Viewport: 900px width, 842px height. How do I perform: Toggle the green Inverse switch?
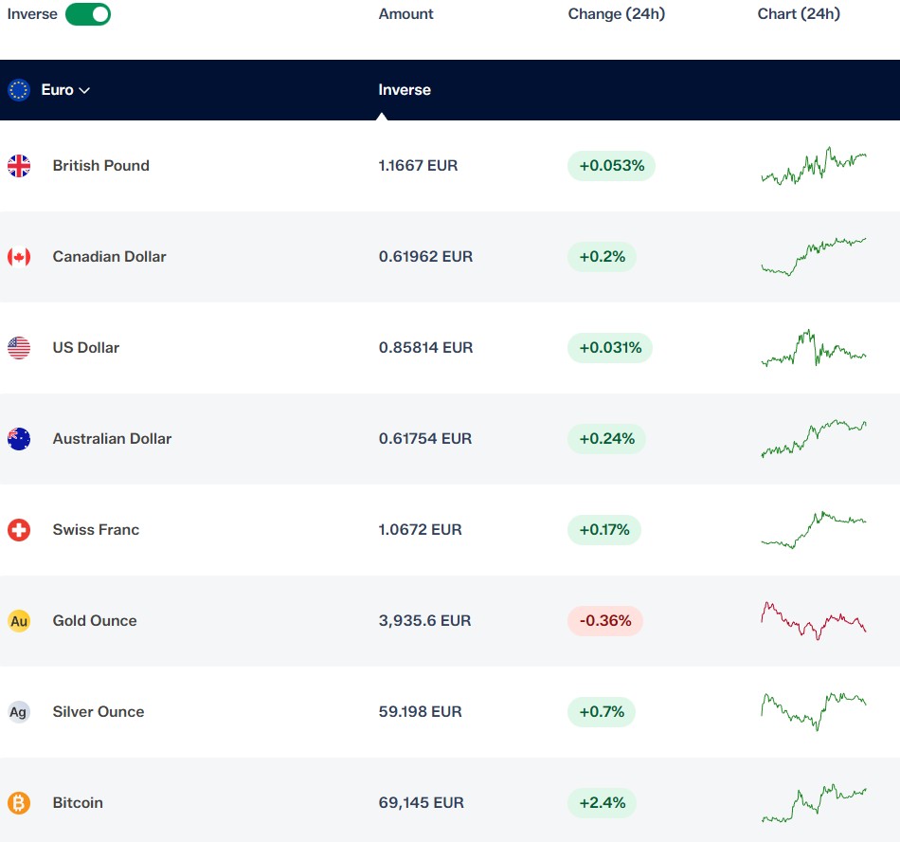coord(88,14)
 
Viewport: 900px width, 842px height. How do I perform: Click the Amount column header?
coord(405,14)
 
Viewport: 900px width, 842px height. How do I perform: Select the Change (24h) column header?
coord(617,14)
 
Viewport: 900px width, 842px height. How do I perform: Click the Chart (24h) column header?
coord(799,14)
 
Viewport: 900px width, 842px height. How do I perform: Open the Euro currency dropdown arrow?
coord(84,90)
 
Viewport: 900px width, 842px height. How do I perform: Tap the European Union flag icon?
coord(19,89)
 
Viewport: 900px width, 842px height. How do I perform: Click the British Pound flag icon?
coord(19,166)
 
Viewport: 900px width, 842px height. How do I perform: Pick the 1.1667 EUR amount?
coord(418,165)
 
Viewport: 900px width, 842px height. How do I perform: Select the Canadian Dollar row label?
coord(109,256)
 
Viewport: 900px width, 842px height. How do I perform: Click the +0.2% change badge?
coord(602,257)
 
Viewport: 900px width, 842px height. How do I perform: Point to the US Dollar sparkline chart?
coord(814,347)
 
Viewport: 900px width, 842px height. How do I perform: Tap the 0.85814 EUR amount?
coord(425,347)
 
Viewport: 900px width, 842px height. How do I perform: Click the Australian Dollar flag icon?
coord(19,439)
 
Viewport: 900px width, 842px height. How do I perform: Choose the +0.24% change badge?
coord(606,439)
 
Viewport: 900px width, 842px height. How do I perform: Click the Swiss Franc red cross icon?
coord(19,529)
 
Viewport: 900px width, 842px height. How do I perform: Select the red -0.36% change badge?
coord(605,621)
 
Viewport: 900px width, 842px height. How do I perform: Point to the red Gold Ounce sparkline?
coord(814,621)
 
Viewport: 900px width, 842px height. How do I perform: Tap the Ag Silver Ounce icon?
coord(19,712)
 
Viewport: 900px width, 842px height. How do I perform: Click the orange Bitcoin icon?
coord(19,803)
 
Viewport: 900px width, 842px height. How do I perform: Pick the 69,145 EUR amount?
coord(421,803)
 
